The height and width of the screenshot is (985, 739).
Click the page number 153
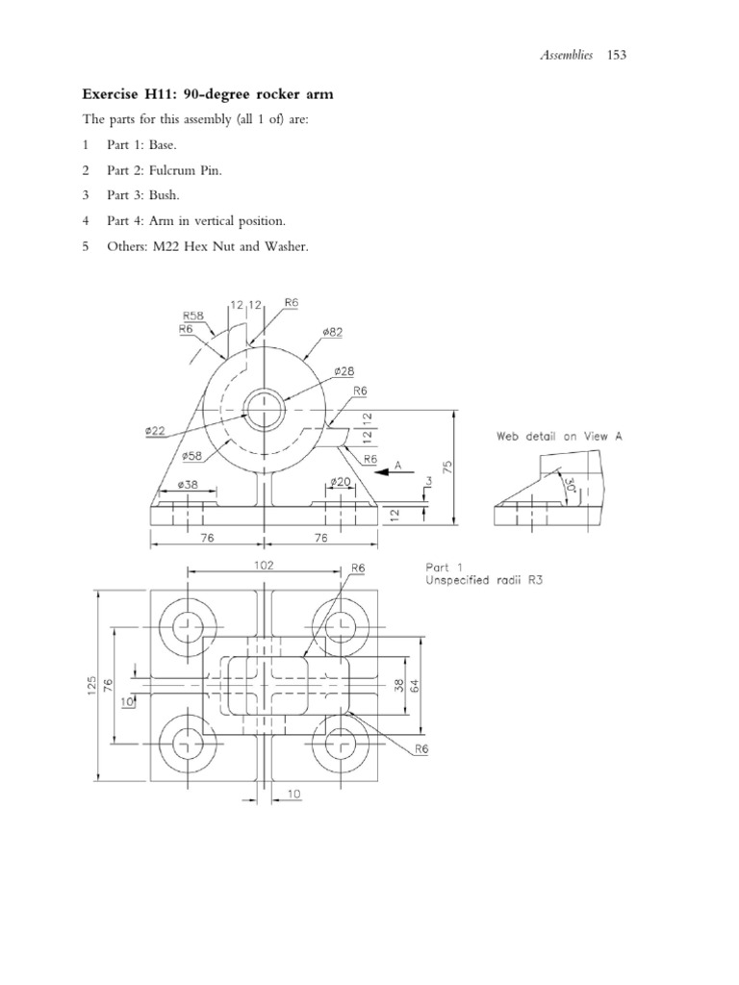617,56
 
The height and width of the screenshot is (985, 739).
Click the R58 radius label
191,315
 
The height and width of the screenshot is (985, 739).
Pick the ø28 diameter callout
345,370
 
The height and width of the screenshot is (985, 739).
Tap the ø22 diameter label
156,432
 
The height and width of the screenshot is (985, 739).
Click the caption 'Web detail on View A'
559,436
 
